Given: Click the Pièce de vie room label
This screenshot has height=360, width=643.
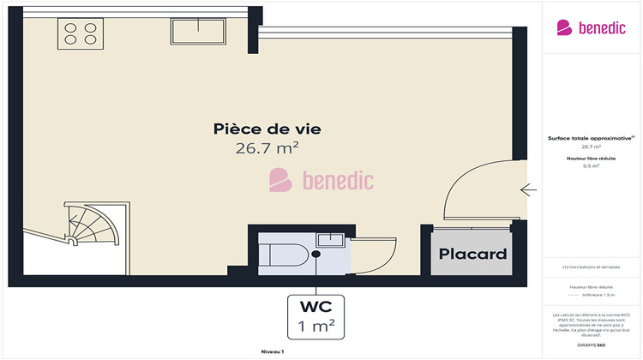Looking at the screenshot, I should click(x=267, y=129).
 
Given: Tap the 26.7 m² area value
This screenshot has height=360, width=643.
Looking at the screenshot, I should click(x=267, y=147).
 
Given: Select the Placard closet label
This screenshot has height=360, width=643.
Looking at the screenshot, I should click(x=473, y=254).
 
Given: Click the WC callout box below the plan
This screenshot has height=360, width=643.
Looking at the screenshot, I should click(x=315, y=315).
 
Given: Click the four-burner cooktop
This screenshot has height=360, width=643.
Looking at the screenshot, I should click(x=80, y=33).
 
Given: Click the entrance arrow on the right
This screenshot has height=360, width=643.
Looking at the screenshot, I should click(x=528, y=189).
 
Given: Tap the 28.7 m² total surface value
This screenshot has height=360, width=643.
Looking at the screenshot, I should click(x=592, y=147).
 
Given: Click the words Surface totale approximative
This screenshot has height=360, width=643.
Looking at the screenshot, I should click(x=590, y=138).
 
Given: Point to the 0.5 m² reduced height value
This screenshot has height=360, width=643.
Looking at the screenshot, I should click(x=592, y=166).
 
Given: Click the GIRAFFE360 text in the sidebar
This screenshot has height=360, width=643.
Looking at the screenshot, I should click(x=592, y=345).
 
